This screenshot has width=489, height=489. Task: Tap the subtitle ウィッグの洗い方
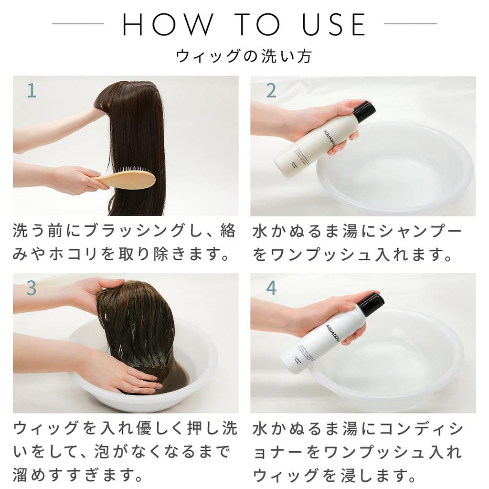pyautogui.click(x=244, y=56)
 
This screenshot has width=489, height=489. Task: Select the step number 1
pyautogui.click(x=31, y=90)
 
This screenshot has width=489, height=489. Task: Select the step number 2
pyautogui.click(x=271, y=90)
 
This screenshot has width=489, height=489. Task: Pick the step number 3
pyautogui.click(x=31, y=288)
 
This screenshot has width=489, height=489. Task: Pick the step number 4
pyautogui.click(x=271, y=288)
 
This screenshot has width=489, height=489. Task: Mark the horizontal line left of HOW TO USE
pyautogui.click(x=78, y=24)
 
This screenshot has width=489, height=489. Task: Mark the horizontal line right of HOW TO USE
pyautogui.click(x=410, y=24)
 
